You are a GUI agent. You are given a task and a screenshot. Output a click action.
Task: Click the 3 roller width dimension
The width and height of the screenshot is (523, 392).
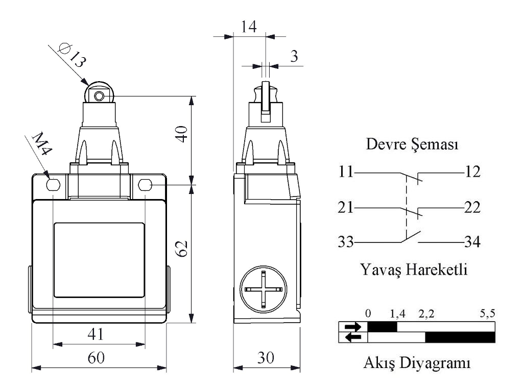[x=294, y=57]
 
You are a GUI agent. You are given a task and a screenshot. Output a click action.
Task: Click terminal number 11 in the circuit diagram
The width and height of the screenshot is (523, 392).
[x=345, y=172]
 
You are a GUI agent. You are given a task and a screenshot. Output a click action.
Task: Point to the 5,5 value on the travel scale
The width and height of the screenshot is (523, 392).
[x=487, y=314]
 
